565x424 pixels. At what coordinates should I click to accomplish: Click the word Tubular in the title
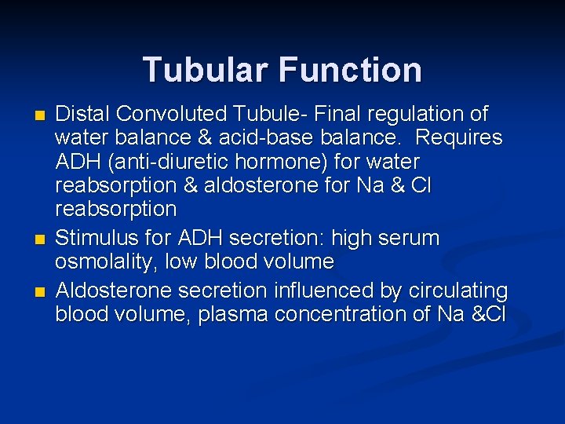[205, 69]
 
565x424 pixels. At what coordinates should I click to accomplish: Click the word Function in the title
[350, 69]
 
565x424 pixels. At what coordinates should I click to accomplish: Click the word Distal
[82, 115]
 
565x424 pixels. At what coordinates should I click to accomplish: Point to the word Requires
[459, 138]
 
